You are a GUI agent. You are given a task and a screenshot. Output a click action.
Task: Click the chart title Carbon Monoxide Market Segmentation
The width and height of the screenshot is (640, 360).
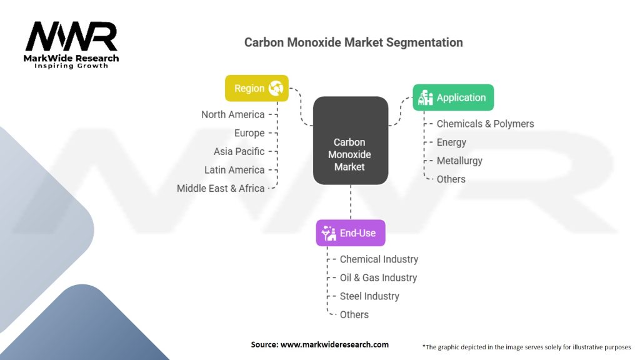point(353,42)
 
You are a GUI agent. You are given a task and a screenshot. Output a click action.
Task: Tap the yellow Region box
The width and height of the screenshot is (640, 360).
point(257,88)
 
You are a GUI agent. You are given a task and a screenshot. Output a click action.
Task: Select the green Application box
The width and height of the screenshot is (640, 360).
point(453,97)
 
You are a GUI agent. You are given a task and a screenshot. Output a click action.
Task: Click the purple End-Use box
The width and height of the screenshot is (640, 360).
point(350,233)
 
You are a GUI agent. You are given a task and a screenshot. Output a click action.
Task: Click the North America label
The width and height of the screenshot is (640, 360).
point(232,114)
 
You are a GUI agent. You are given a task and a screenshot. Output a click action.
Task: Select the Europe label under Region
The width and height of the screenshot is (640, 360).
point(249,133)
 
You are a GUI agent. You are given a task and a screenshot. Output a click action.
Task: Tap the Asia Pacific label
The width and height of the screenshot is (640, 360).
point(239,151)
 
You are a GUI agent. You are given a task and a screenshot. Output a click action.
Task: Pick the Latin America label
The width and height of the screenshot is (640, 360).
point(234,170)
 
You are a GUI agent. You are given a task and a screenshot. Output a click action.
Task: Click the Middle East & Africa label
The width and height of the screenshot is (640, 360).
point(221,188)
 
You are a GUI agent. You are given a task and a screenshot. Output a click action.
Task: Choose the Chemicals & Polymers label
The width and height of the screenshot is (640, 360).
point(485,124)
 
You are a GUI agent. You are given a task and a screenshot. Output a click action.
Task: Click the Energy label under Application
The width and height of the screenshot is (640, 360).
point(451,142)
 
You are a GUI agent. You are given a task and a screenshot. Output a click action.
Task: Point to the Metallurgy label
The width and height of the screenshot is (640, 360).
point(459,161)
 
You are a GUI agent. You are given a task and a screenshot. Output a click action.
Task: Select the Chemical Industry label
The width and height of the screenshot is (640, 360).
point(379,259)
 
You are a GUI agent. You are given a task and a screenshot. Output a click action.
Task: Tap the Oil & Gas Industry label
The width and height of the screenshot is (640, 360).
point(378,277)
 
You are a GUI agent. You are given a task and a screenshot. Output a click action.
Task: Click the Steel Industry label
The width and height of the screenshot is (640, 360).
point(369,296)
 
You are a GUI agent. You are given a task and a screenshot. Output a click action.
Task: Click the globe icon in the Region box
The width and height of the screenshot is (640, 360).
point(276,88)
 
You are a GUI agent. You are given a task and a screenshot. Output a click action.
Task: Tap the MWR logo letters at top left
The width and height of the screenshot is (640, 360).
point(71,38)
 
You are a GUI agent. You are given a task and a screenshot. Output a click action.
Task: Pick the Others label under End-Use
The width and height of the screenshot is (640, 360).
point(354,314)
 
